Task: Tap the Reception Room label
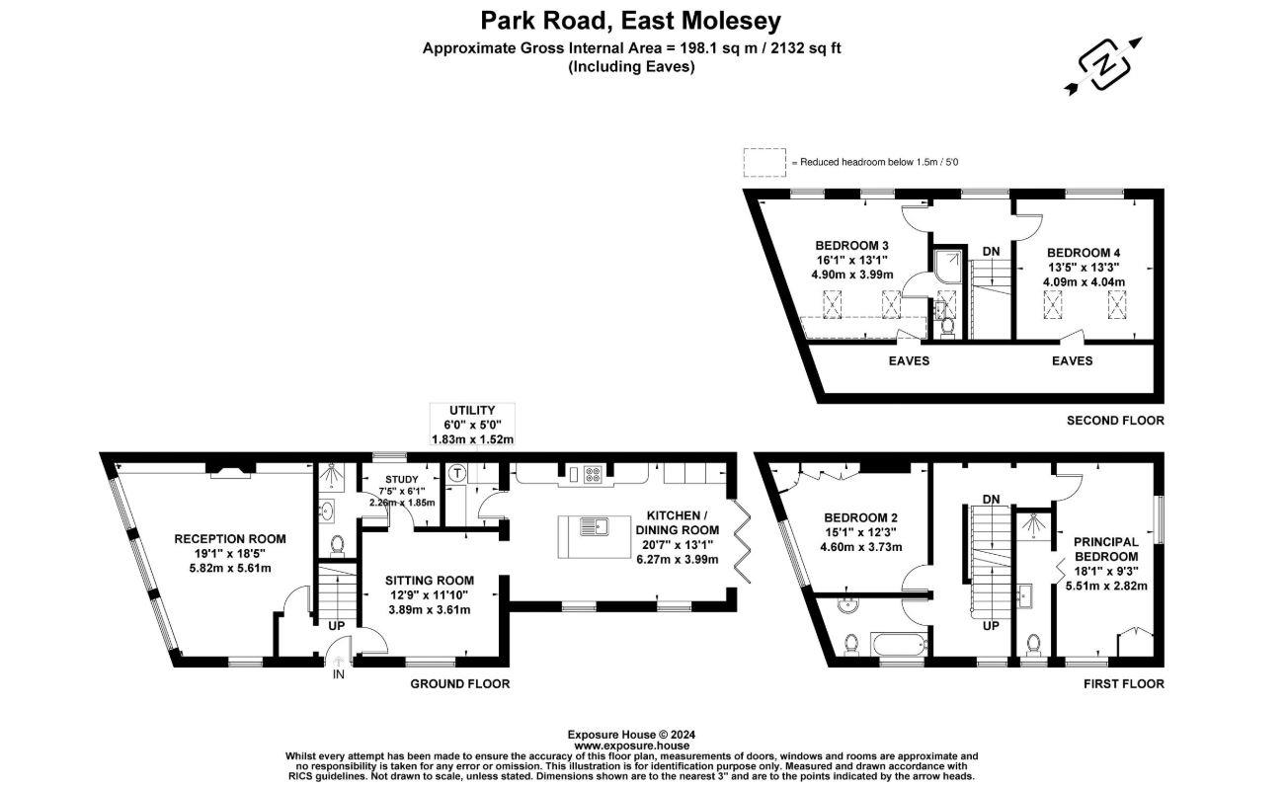point(230,539)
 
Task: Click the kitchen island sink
point(596,526)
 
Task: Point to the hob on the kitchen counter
point(595,476)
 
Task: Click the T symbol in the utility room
point(457,473)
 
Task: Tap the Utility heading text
point(472,410)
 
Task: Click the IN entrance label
point(339,675)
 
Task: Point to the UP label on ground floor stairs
point(337,625)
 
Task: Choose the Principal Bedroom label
point(1105,549)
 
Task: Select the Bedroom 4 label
point(1085,251)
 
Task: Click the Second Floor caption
point(1115,421)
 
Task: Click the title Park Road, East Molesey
point(630,20)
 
